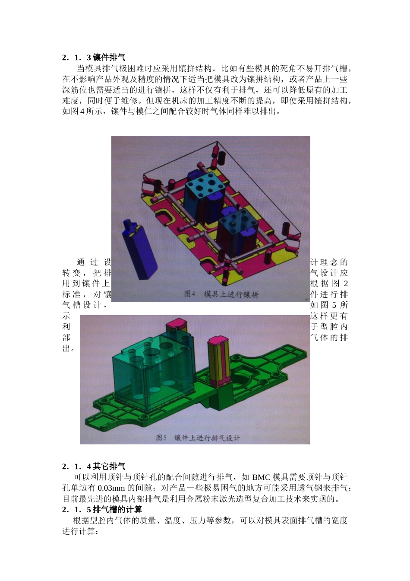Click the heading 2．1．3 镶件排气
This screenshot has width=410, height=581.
pyautogui.click(x=94, y=57)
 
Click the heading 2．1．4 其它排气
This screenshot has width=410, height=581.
pyautogui.click(x=94, y=466)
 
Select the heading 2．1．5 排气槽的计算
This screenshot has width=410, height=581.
pyautogui.click(x=102, y=510)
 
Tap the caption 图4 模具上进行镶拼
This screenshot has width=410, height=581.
pyautogui.click(x=221, y=294)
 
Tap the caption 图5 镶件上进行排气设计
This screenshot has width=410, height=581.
pyautogui.click(x=198, y=438)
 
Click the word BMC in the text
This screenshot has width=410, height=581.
pyautogui.click(x=261, y=477)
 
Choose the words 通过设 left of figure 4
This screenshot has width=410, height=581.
pyautogui.click(x=94, y=262)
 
